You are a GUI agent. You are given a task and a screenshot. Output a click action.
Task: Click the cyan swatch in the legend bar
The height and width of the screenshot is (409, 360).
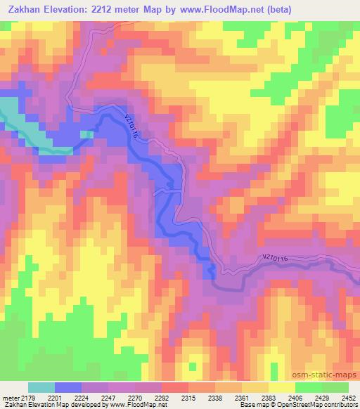click(x=41, y=387)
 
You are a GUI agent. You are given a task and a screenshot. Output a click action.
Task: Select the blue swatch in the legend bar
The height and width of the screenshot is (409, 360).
click(x=68, y=387)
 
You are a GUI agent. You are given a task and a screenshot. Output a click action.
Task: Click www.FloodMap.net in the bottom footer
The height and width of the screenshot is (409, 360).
click(x=139, y=405)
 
